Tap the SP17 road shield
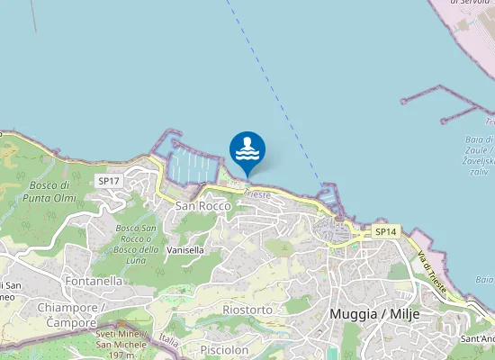(109, 181)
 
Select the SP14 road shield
(385, 232)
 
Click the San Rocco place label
(202, 206)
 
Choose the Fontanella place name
(94, 281)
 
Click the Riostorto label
(247, 310)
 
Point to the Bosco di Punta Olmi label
(49, 191)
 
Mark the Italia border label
(169, 341)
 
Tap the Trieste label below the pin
(257, 194)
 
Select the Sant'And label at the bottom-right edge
(477, 339)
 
